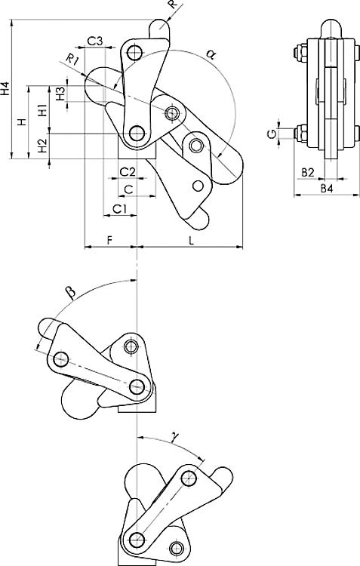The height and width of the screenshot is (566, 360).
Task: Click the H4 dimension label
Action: (7, 89)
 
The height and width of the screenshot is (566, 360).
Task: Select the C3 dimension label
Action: (94, 40)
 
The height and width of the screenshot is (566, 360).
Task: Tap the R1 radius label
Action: (71, 59)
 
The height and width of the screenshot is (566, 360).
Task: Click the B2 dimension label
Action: (308, 173)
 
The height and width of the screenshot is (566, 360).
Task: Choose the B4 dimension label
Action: (326, 187)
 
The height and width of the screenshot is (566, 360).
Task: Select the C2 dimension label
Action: (128, 173)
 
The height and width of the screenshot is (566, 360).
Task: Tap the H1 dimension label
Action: (42, 109)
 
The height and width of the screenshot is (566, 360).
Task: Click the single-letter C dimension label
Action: (128, 189)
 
